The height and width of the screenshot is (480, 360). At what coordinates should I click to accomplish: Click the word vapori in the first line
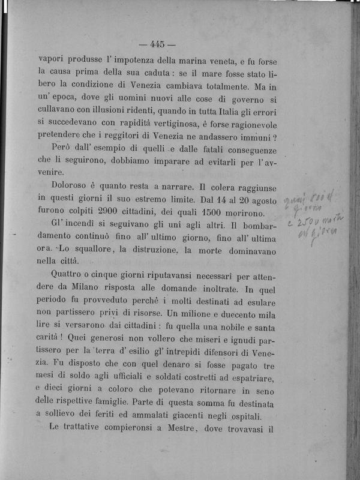(x=52, y=59)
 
